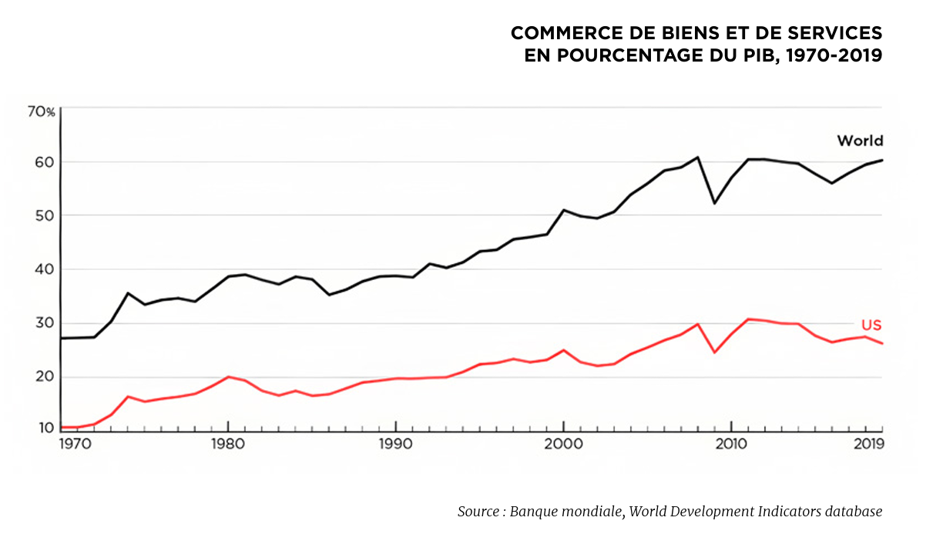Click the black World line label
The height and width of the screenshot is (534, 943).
pyautogui.click(x=860, y=141)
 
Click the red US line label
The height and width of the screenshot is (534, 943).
pyautogui.click(x=871, y=325)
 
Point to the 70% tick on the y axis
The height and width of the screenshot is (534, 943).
pyautogui.click(x=42, y=112)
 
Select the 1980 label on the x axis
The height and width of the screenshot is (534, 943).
pyautogui.click(x=228, y=444)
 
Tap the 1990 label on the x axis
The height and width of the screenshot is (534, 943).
pyautogui.click(x=395, y=444)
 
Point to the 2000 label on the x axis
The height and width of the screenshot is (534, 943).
pyautogui.click(x=563, y=444)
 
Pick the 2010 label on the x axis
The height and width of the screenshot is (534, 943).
pyautogui.click(x=730, y=444)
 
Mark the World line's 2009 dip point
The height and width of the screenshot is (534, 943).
pyautogui.click(x=714, y=203)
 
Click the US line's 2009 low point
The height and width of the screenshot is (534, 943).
pyautogui.click(x=714, y=352)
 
